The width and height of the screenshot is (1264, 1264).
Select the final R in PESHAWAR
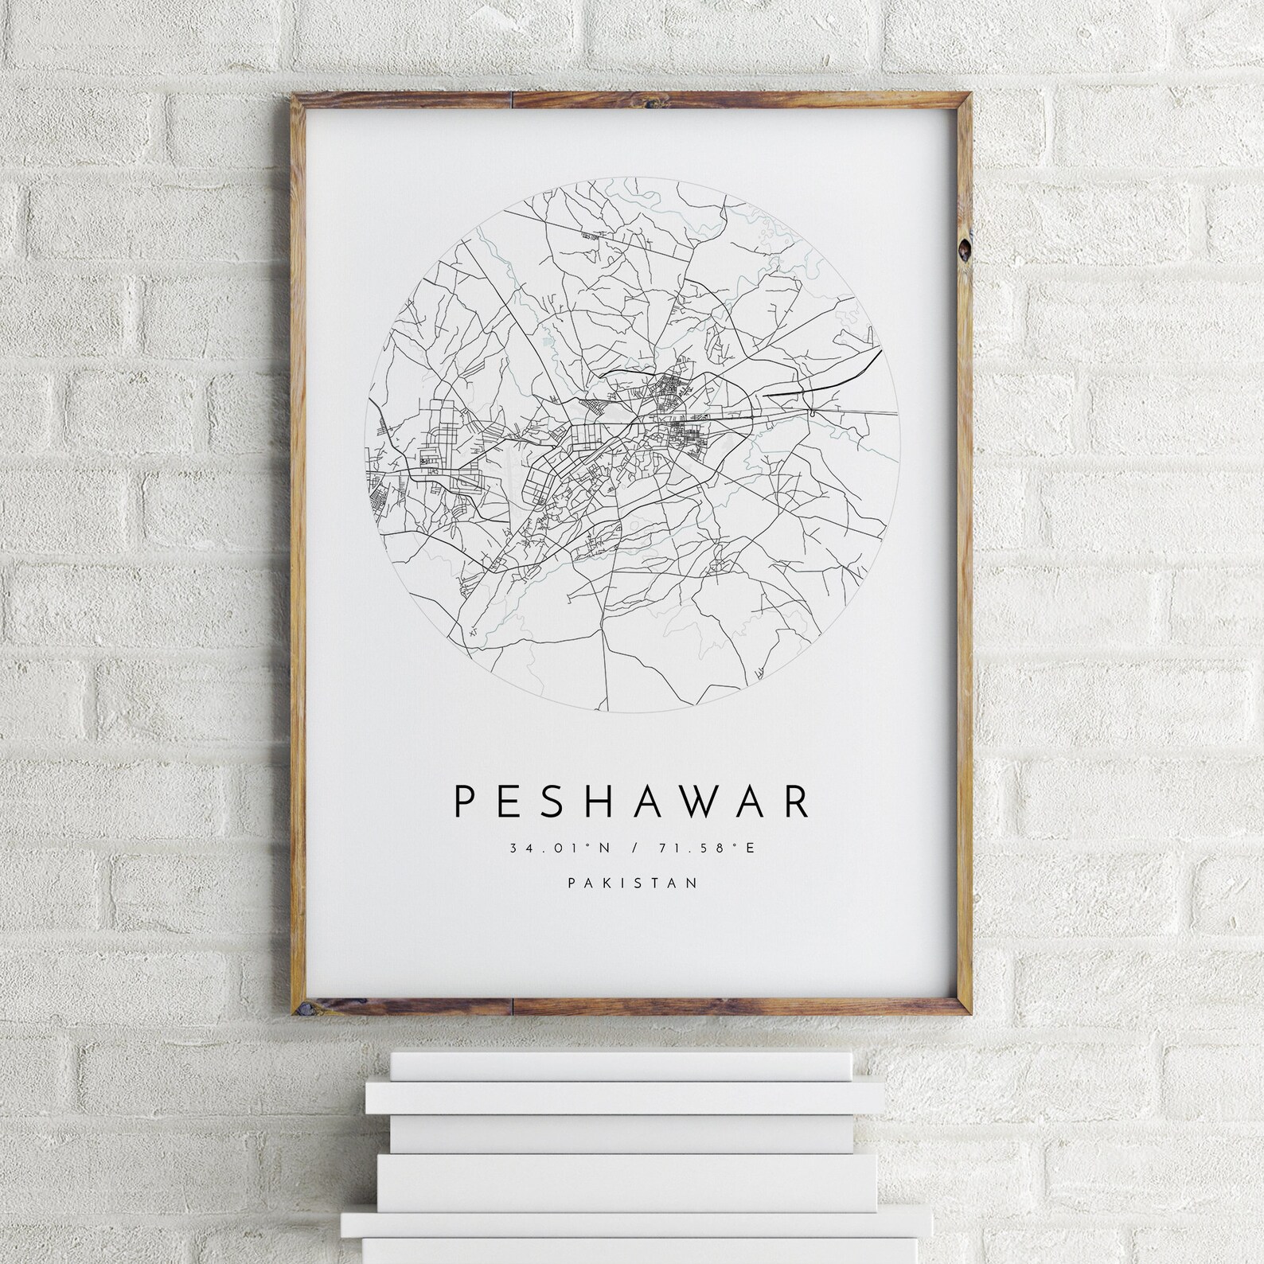[x=797, y=802]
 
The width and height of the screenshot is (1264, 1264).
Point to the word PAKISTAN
[x=632, y=882]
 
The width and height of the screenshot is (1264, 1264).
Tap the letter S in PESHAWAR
[x=549, y=802]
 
